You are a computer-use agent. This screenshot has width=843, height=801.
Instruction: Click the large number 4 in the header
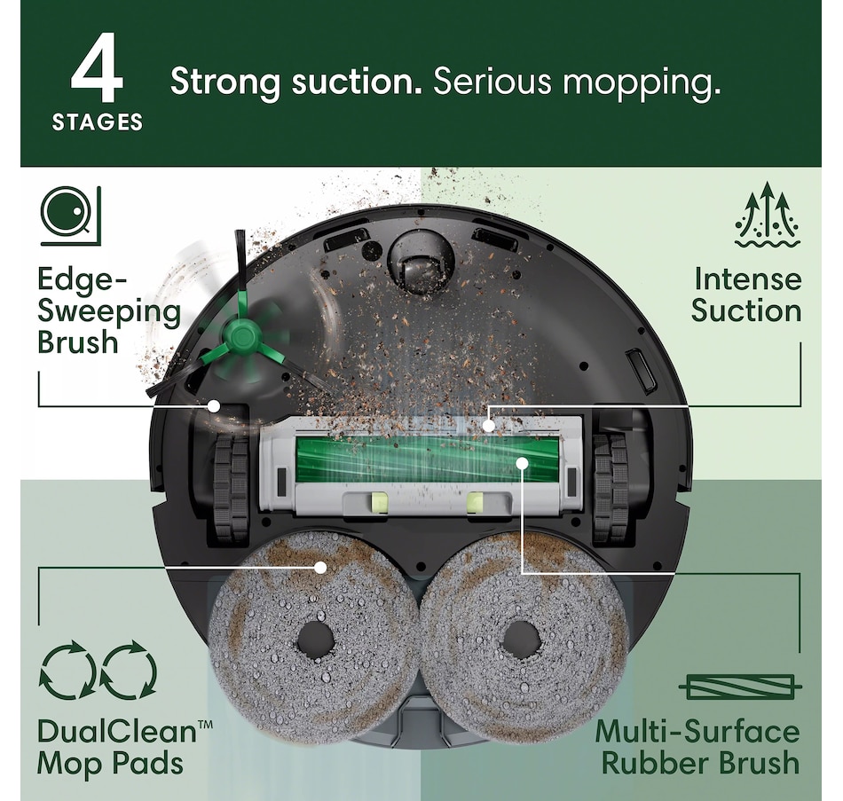click(98, 67)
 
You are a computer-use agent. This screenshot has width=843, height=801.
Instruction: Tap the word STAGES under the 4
click(98, 122)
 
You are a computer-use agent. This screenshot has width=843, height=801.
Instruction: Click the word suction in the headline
click(357, 82)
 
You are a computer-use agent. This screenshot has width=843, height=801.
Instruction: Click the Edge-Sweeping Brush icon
click(71, 216)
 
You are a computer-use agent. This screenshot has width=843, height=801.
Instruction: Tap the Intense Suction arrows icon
click(768, 215)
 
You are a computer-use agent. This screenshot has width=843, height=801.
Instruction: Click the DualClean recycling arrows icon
click(98, 670)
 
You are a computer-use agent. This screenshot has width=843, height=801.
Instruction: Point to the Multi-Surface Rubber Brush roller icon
click(740, 687)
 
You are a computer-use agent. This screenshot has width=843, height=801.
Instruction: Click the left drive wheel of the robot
click(232, 488)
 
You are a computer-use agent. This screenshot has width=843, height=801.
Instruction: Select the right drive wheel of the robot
click(611, 488)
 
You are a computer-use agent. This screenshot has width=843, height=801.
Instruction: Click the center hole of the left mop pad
click(316, 640)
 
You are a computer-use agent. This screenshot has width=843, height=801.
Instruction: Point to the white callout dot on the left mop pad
click(321, 567)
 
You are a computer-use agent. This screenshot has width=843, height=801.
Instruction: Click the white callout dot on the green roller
click(521, 463)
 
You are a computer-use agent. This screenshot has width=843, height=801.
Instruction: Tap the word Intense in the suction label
click(747, 279)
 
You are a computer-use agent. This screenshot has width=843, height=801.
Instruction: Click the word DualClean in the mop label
click(117, 732)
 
